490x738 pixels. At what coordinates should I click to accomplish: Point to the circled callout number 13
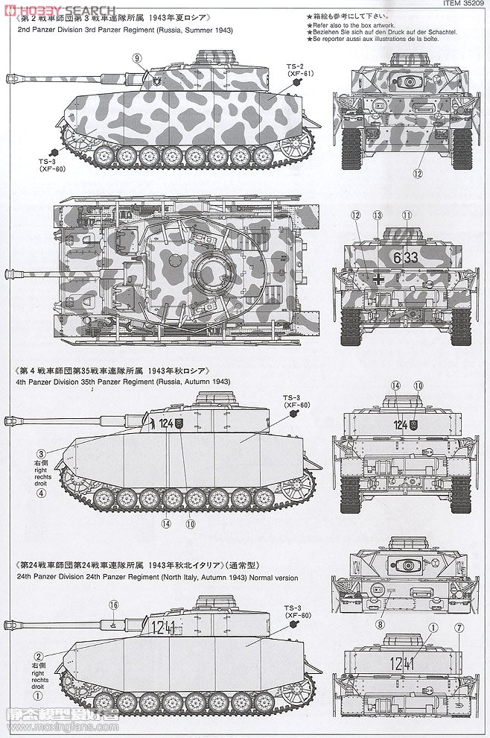click(x=378, y=215)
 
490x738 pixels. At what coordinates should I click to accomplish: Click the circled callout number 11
click(x=407, y=215)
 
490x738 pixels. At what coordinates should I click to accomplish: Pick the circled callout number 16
click(x=113, y=605)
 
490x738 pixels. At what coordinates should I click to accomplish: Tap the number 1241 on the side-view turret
click(x=164, y=626)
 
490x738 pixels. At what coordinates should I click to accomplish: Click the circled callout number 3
click(x=42, y=452)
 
